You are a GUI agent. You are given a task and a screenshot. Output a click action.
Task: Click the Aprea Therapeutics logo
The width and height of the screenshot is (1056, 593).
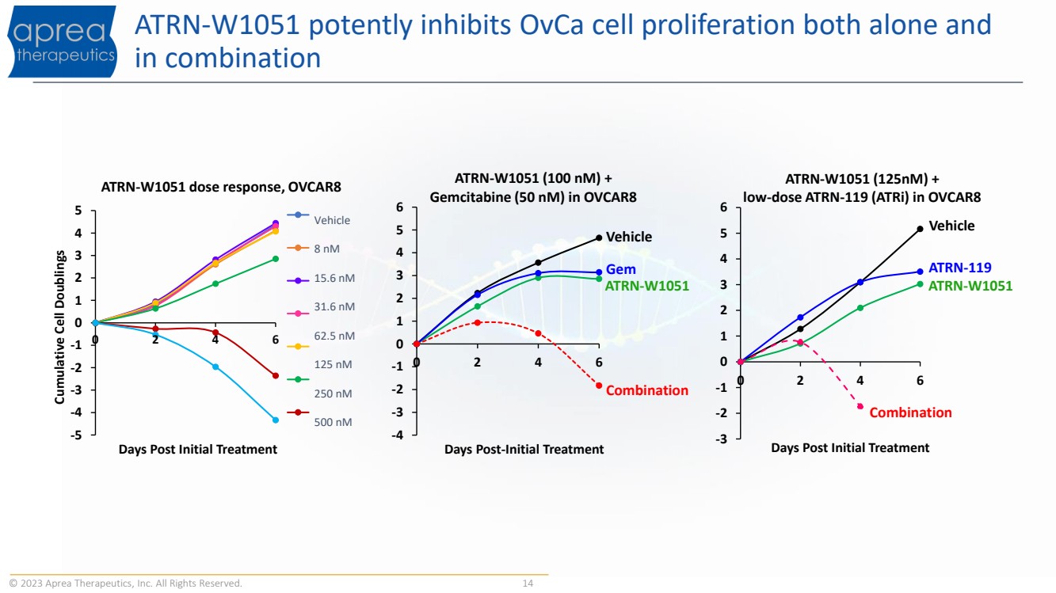[x=63, y=41]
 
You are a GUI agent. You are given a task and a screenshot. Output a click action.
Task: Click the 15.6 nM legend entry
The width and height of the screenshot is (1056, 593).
[x=321, y=279]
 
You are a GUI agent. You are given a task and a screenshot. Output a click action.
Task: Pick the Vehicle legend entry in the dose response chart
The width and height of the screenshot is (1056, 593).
[x=318, y=219]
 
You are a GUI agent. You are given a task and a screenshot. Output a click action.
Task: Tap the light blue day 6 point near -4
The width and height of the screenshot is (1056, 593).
[x=276, y=420]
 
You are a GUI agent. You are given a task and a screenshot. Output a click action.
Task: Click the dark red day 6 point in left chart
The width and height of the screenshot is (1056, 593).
[x=276, y=376]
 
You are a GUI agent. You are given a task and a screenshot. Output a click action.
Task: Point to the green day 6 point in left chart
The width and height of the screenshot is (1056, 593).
[x=276, y=259]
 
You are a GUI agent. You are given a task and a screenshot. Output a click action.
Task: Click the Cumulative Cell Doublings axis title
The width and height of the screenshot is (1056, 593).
[x=59, y=327]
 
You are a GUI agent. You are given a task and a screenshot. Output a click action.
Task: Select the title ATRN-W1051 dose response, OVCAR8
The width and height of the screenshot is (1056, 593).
[x=221, y=187]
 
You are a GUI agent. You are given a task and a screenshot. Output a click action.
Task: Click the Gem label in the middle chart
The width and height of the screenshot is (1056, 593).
[x=620, y=269]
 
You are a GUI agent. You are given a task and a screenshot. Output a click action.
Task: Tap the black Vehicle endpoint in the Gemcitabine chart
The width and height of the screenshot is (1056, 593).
[x=599, y=238]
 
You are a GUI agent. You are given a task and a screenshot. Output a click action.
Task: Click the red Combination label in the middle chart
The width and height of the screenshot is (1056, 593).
[x=646, y=390]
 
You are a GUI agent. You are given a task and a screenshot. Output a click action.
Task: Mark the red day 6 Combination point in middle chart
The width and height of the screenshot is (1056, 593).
[x=599, y=386]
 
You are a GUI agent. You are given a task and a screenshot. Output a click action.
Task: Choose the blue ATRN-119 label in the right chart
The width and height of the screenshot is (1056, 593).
[x=960, y=268]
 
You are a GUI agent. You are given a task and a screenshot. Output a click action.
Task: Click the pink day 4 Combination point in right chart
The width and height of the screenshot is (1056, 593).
[x=860, y=406]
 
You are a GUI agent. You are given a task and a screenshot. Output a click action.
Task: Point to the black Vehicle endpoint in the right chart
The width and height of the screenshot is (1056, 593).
[x=921, y=229]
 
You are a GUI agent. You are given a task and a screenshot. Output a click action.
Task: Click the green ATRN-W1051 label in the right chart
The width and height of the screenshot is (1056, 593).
[x=970, y=286]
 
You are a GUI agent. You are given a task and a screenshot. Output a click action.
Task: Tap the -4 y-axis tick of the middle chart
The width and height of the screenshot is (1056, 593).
[x=398, y=435]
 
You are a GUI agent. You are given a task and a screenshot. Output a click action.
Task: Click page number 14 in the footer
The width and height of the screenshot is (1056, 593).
[x=528, y=583]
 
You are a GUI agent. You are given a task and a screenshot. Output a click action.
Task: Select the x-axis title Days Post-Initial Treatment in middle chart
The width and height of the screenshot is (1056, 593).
[x=524, y=450]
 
